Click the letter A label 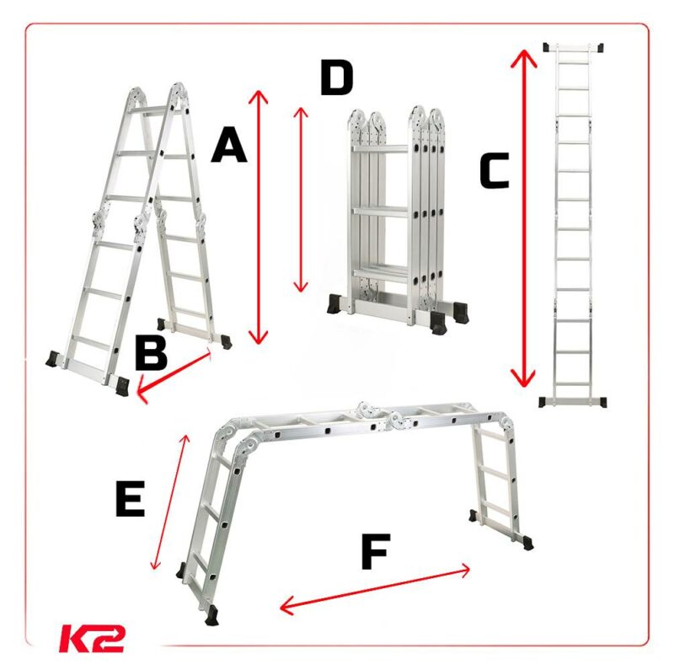pos(229,145)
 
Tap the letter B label pos(151,352)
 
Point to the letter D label pos(337,78)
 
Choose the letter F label pos(376,551)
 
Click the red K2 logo pos(92,638)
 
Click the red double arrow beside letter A pos(259,217)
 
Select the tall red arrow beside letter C pos(523,218)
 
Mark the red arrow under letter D pos(301,200)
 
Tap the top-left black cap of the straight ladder pos(547,47)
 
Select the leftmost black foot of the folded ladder pos(334,303)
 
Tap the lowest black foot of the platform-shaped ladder pos(212,615)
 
